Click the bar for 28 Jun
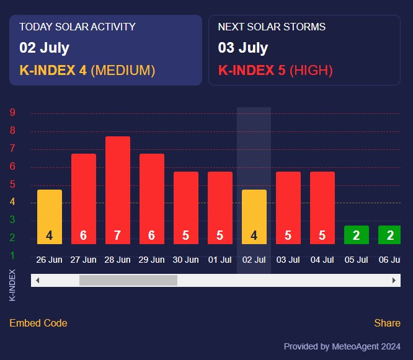coord(118,190)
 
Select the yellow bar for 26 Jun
coord(50,216)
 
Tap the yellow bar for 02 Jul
coord(254,216)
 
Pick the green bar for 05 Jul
coord(357,235)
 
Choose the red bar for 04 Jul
coord(322,208)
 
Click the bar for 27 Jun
coord(84,198)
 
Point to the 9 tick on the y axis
coord(12,113)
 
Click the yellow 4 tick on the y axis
coord(12,202)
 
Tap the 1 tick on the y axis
coord(12,255)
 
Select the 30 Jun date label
coord(186,260)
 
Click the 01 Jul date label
coord(220,260)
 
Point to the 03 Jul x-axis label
coord(288,260)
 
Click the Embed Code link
coord(38,323)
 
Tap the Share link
coord(387,323)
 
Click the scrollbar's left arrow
coord(37,281)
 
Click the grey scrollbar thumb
coord(128,281)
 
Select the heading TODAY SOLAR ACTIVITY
coord(78,27)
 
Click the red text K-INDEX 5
coord(252,70)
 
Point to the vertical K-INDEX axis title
coord(13,284)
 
